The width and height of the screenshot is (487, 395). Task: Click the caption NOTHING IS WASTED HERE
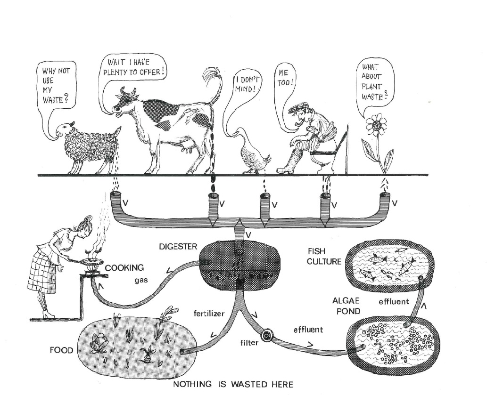coord(233,384)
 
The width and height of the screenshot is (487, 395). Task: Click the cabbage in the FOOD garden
coord(100,341)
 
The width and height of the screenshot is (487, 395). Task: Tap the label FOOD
coord(62,350)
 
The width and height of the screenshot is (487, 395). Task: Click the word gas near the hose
coord(140,280)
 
